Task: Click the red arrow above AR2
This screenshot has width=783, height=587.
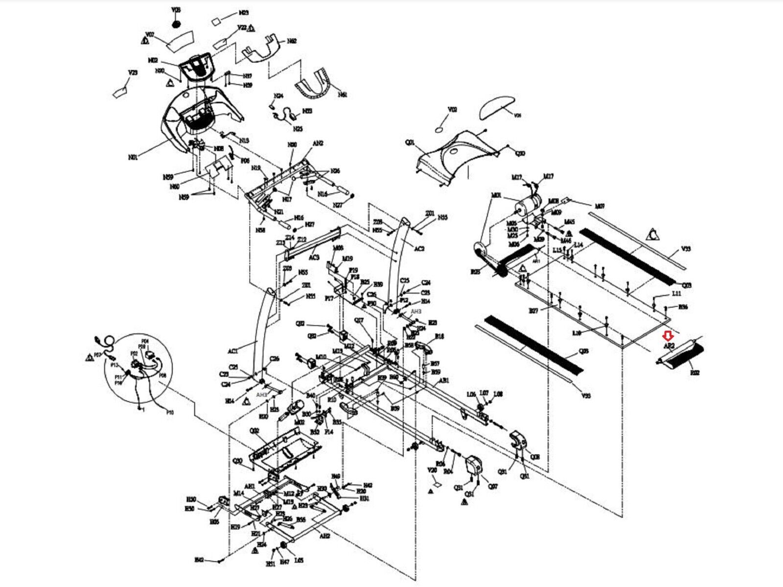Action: tap(667, 336)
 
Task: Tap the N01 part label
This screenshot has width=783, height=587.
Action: tap(133, 158)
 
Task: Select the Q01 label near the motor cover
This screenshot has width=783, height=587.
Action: tap(410, 143)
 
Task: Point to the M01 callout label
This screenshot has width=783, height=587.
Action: tap(497, 195)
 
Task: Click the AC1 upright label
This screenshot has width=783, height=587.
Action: tap(233, 351)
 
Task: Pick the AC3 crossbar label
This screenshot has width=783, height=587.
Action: tap(314, 257)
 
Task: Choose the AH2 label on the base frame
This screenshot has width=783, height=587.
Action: tap(325, 536)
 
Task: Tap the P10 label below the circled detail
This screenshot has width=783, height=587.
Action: tap(170, 413)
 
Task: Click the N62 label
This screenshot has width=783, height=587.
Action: tap(292, 42)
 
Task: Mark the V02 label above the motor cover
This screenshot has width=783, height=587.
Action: tap(453, 110)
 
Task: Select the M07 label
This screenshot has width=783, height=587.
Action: tap(599, 206)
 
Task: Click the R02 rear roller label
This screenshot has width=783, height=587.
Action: tap(694, 373)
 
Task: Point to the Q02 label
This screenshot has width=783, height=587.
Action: tap(254, 430)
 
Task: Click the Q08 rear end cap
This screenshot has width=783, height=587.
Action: tap(518, 440)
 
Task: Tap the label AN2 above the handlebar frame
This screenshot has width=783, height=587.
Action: tap(318, 143)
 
